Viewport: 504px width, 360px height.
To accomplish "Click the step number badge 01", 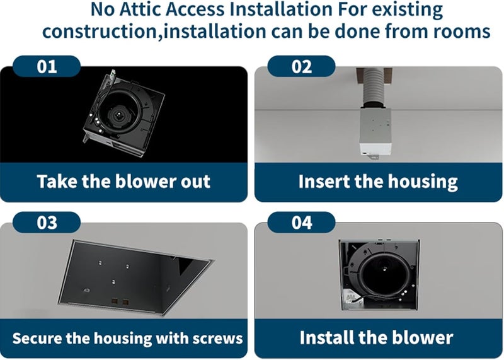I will pos(47,66).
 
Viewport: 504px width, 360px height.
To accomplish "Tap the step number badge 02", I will pos(302,66).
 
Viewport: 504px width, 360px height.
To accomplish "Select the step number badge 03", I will pos(47,223).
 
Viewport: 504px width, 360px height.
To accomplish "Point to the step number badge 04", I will pos(302,223).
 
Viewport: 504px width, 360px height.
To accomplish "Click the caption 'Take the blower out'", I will pos(123,182).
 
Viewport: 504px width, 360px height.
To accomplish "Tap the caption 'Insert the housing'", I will pos(378,182).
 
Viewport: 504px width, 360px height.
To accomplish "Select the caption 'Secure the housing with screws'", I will pos(127,338).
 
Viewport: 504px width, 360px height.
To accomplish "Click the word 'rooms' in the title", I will pos(461,31).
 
